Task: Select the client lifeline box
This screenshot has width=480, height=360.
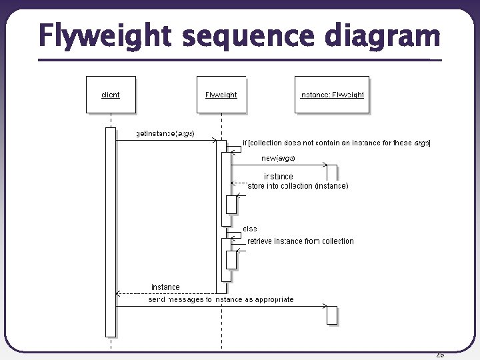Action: tap(111, 95)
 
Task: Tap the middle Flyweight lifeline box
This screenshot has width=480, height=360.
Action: tap(221, 95)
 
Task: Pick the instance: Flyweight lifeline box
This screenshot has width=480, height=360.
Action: tap(332, 95)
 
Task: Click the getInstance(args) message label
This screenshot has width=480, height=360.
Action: tap(165, 133)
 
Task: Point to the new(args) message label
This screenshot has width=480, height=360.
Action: tap(278, 158)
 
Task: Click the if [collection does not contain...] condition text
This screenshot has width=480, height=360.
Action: tap(337, 143)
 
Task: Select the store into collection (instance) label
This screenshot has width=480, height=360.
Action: tap(297, 186)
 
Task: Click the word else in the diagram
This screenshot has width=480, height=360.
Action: tap(250, 229)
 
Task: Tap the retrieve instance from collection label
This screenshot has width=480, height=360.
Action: tap(300, 241)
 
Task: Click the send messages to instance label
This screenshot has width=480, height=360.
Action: tap(221, 299)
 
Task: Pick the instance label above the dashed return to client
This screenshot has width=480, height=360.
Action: tap(165, 287)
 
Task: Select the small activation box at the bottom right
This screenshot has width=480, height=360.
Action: tap(332, 315)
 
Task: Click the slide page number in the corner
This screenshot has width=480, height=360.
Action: tap(439, 355)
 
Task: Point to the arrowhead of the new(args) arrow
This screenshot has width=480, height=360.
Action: tap(325, 165)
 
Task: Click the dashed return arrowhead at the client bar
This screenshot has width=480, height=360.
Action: tap(118, 293)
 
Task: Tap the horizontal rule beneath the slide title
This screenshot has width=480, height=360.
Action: tap(240, 60)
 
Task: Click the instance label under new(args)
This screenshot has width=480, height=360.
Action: tap(278, 177)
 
